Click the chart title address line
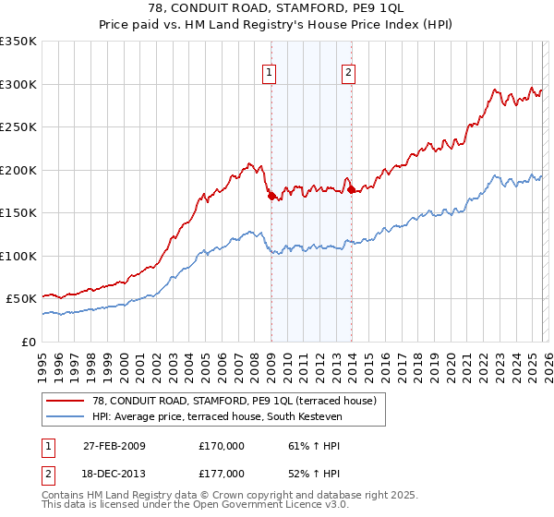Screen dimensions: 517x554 tap(276, 7)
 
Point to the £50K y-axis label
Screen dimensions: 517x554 tap(21, 299)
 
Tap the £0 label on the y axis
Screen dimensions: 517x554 tap(30, 342)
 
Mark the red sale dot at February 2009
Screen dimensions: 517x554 tap(271, 196)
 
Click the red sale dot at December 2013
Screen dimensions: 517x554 tap(351, 189)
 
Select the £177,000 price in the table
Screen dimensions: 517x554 tap(222, 474)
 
